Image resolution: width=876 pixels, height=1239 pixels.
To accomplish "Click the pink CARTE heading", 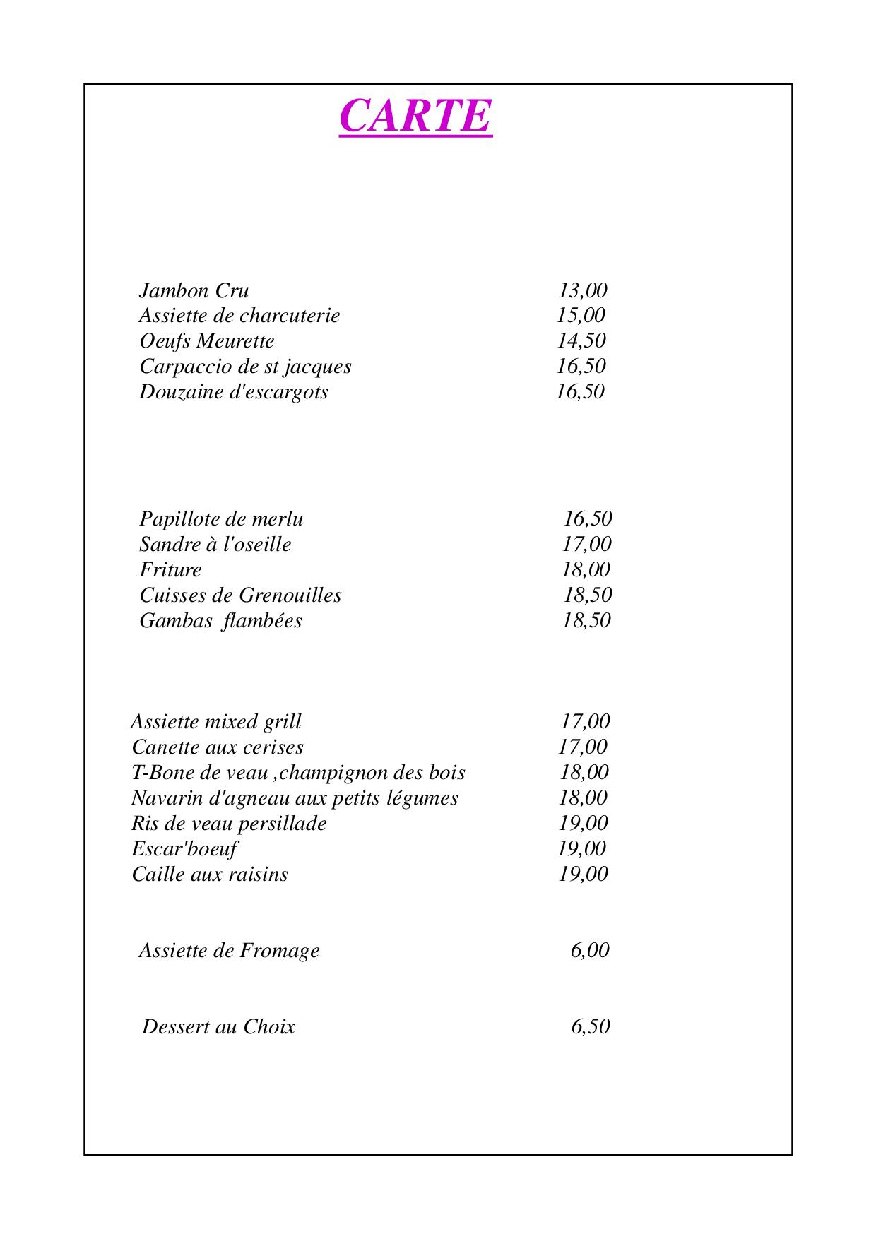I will [415, 115].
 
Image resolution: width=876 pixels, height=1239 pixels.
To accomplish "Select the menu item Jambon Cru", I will [194, 291].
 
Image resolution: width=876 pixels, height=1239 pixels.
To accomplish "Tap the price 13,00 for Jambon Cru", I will [582, 290].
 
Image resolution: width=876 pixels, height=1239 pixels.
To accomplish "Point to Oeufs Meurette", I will [206, 341].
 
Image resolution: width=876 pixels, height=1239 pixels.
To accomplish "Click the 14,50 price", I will [581, 340].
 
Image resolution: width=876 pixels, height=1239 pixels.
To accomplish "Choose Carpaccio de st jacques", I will [244, 367].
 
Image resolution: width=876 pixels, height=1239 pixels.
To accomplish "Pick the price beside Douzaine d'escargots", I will [580, 391].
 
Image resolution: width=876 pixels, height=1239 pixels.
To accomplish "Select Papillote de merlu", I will [221, 519].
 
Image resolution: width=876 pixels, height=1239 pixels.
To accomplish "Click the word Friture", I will [170, 570].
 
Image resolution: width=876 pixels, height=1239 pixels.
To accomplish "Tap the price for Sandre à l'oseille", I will [586, 544].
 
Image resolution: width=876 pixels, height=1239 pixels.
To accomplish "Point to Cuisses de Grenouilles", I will [240, 595].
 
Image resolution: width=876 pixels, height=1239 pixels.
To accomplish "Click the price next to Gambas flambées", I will [586, 620].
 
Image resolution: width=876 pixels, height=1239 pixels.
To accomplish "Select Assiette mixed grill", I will [215, 722].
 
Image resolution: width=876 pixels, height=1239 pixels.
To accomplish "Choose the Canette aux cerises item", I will [218, 747].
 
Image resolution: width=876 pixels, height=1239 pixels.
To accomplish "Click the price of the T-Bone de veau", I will [584, 772].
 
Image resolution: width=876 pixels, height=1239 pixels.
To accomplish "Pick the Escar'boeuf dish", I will [184, 849].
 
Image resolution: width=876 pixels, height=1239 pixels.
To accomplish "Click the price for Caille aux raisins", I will [583, 874].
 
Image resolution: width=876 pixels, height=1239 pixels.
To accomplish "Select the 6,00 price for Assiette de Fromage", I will [589, 950].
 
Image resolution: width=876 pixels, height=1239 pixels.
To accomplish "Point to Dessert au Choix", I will [218, 1026].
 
